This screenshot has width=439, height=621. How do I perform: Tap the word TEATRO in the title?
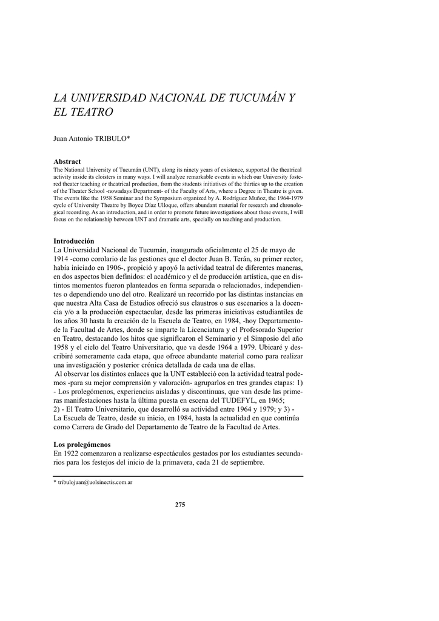click(91, 113)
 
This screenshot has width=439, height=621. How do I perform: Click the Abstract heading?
click(67, 161)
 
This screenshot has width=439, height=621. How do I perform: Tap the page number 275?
click(180, 505)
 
